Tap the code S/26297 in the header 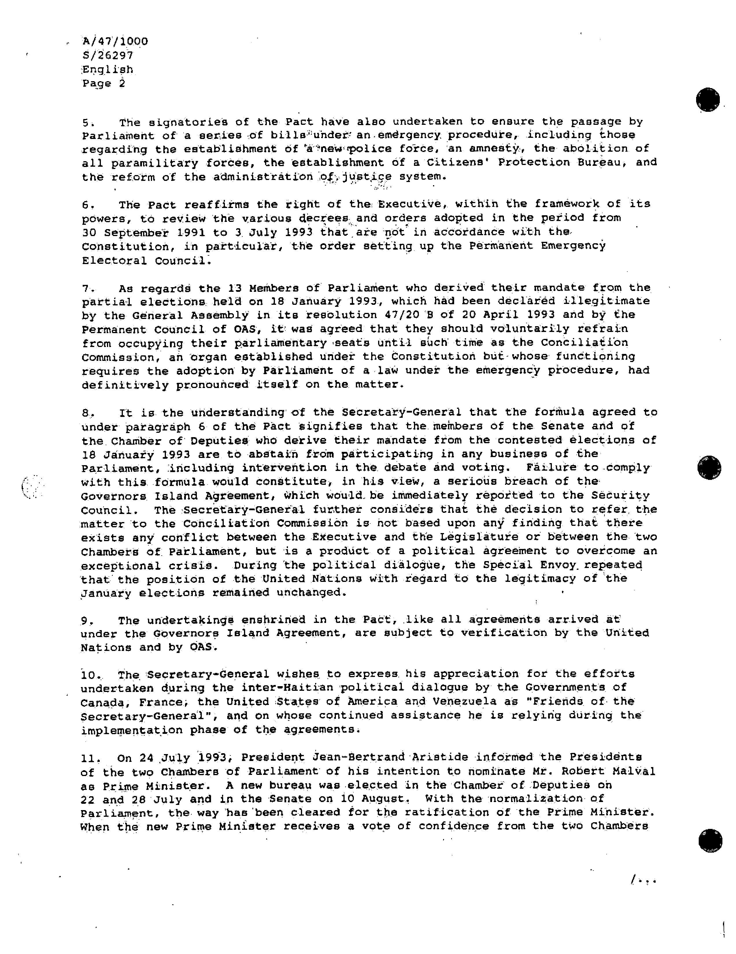tap(108, 55)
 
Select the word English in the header tap(108, 69)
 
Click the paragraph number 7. tap(86, 289)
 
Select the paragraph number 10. tap(89, 675)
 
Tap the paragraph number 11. tap(89, 758)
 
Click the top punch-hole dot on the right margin tap(708, 100)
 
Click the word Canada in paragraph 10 tap(102, 702)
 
